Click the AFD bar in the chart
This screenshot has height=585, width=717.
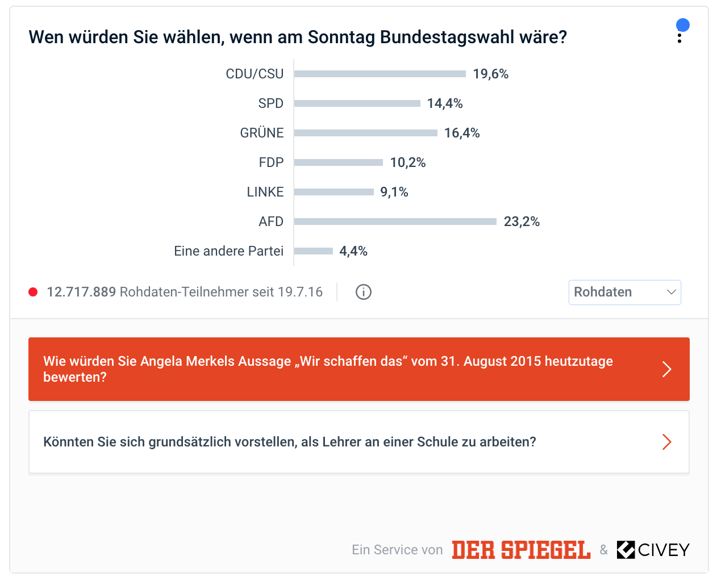tap(395, 222)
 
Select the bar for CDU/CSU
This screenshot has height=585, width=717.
tap(380, 74)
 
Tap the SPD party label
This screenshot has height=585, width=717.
tap(270, 103)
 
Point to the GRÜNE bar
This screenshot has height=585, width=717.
tap(366, 133)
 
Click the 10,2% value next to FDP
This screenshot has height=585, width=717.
tap(408, 162)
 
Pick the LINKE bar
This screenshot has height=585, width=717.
tap(334, 192)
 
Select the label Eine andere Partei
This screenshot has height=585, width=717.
tap(228, 251)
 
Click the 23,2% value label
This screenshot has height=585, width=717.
tap(522, 222)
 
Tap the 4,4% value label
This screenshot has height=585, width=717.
tap(353, 251)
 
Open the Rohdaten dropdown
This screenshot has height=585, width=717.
tap(624, 292)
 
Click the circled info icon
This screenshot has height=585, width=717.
tap(364, 292)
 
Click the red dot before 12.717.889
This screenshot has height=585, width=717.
tap(33, 292)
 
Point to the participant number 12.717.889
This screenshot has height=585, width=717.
tap(81, 292)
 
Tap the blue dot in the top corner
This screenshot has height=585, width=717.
tap(683, 25)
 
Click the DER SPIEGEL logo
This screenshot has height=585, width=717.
tap(521, 550)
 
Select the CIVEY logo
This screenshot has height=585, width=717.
tap(653, 550)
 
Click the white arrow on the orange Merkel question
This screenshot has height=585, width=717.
tap(667, 369)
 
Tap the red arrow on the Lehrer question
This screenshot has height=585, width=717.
tap(667, 442)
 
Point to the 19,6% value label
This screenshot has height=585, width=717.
tap(491, 74)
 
